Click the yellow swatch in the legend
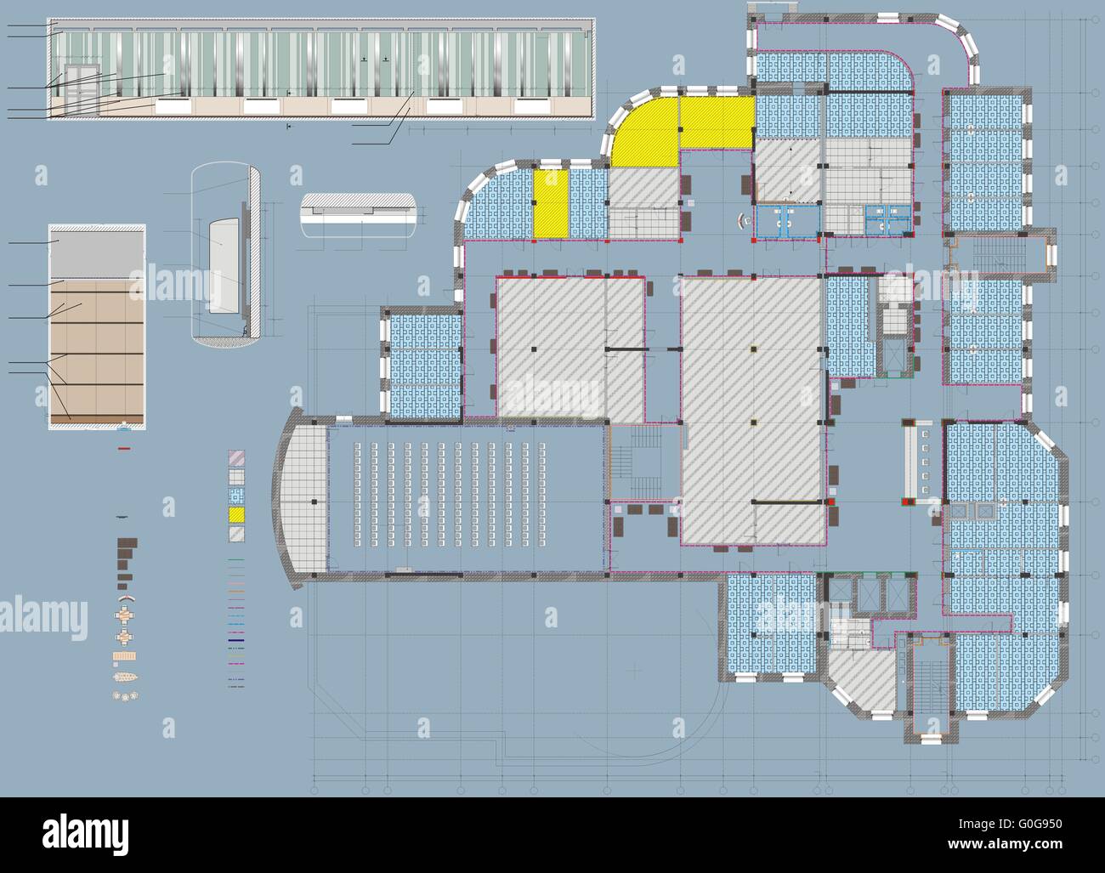tap(236, 514)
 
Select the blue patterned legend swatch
tap(236, 496)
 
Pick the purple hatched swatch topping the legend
tap(236, 458)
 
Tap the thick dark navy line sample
tap(236, 640)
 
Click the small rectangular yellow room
tap(551, 204)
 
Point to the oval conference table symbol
tap(125, 677)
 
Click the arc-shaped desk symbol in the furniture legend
tap(127, 598)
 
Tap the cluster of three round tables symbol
tap(125, 695)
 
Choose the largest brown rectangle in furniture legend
tap(127, 543)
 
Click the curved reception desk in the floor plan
tap(741, 221)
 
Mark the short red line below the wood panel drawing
tap(124, 449)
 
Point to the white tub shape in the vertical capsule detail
tap(224, 266)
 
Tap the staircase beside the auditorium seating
tap(645, 462)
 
